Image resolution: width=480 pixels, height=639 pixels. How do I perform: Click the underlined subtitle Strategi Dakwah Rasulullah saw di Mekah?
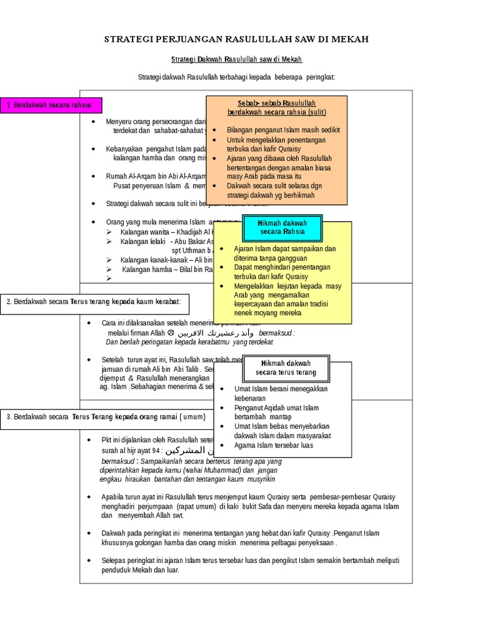(236, 59)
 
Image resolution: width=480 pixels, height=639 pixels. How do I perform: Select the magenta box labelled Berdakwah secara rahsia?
(51, 105)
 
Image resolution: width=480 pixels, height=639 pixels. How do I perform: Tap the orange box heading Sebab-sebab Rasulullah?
(276, 107)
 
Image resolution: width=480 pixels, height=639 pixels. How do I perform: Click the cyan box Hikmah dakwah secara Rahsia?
(282, 227)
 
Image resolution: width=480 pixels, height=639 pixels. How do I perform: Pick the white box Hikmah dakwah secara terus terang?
(286, 368)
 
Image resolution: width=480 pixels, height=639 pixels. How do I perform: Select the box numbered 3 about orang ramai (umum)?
(106, 416)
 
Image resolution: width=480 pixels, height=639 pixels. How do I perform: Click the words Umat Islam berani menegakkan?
(281, 389)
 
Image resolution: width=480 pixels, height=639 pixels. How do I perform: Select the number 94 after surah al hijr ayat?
(155, 451)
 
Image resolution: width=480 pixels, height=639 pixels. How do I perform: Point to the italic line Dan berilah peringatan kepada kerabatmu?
(189, 342)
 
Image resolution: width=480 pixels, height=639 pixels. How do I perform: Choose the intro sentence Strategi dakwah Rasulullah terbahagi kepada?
(236, 77)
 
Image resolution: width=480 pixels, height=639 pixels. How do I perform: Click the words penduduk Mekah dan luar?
(140, 570)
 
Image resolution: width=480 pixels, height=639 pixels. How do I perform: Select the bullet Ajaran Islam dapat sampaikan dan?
(284, 248)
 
